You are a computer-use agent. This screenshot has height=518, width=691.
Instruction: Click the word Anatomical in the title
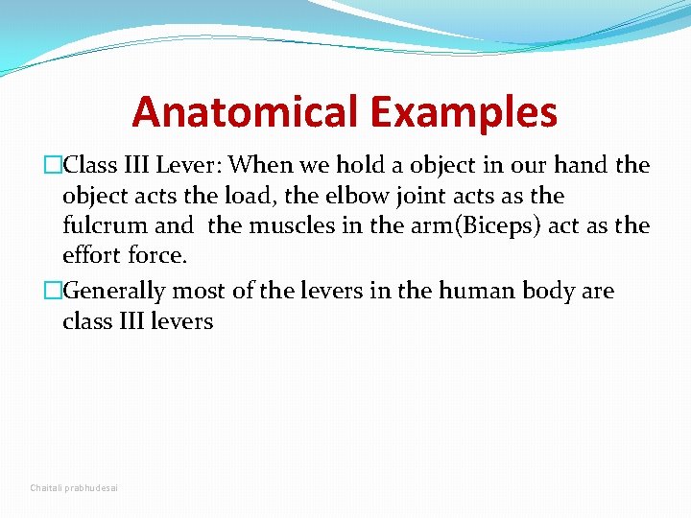pos(247,112)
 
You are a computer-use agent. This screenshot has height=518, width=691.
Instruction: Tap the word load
pos(250,196)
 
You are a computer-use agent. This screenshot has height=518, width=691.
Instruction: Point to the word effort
pos(91,256)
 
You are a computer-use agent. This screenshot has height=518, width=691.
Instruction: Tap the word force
pos(156,256)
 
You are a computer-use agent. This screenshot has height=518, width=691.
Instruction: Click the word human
pos(477,290)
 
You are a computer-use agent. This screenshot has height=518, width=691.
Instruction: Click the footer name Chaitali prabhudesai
pos(75,488)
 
